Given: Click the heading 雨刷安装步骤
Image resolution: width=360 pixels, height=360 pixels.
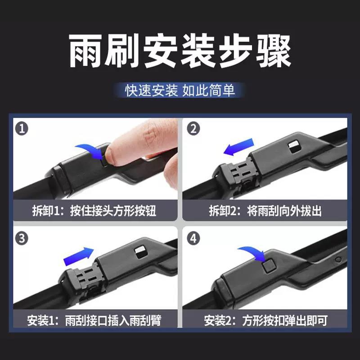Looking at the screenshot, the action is point(180,51).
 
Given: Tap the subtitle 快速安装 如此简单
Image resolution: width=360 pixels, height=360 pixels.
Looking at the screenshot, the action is point(180,90).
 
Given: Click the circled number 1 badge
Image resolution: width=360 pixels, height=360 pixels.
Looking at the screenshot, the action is point(22,129).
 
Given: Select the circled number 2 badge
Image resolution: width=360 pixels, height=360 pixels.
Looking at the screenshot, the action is point(193,129).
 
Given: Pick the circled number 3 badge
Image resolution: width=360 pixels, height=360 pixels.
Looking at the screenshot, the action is point(22,238).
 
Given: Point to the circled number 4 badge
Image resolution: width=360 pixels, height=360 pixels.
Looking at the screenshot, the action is point(193,238).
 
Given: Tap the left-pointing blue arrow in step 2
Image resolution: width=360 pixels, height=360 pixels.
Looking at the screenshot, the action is point(239,147).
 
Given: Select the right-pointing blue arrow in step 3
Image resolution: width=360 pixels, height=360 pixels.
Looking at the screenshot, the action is point(78,256).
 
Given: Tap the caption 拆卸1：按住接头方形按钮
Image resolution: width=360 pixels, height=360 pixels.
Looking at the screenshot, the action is point(94,210).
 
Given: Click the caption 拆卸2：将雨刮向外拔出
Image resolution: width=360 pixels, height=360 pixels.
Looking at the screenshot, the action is point(265,210).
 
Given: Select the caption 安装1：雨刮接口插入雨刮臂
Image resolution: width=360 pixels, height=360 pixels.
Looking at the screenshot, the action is point(94,320).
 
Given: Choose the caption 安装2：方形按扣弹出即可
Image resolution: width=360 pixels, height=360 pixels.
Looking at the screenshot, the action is point(265,320).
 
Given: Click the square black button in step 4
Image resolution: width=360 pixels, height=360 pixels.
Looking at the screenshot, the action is point(269,265).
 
